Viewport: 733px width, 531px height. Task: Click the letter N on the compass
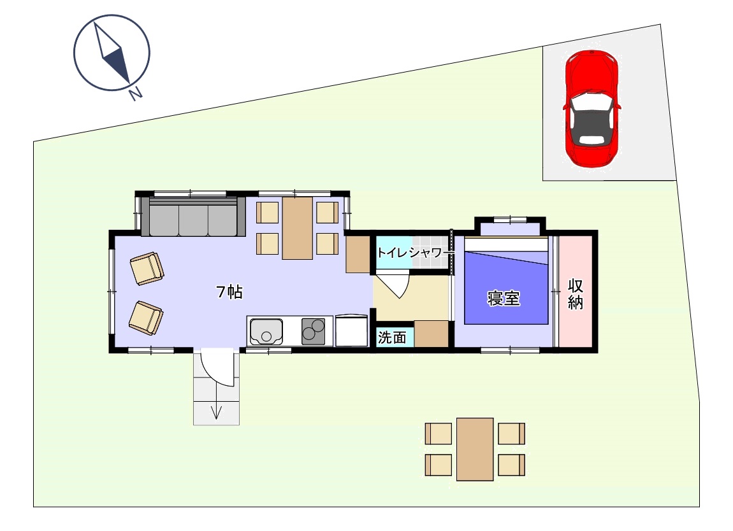136,94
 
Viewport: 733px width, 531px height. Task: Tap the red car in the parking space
592,108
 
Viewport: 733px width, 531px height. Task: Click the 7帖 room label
229,292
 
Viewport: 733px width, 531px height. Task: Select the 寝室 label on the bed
504,298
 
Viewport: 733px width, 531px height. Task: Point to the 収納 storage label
576,294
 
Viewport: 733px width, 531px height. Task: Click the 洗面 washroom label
392,337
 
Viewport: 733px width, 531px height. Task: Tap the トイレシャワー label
409,253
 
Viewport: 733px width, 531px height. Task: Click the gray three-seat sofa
193,216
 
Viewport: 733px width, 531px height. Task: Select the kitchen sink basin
266,331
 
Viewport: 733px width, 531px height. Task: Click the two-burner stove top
313,331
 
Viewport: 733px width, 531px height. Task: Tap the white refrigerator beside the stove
351,330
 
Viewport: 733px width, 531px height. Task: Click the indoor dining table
297,228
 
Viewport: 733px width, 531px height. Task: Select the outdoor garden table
475,450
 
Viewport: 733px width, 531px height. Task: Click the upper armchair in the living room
147,269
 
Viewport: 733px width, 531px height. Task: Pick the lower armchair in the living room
146,318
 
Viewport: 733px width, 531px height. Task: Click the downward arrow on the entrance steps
216,411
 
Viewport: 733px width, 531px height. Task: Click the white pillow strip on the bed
506,244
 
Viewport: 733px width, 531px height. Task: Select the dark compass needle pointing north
117,65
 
